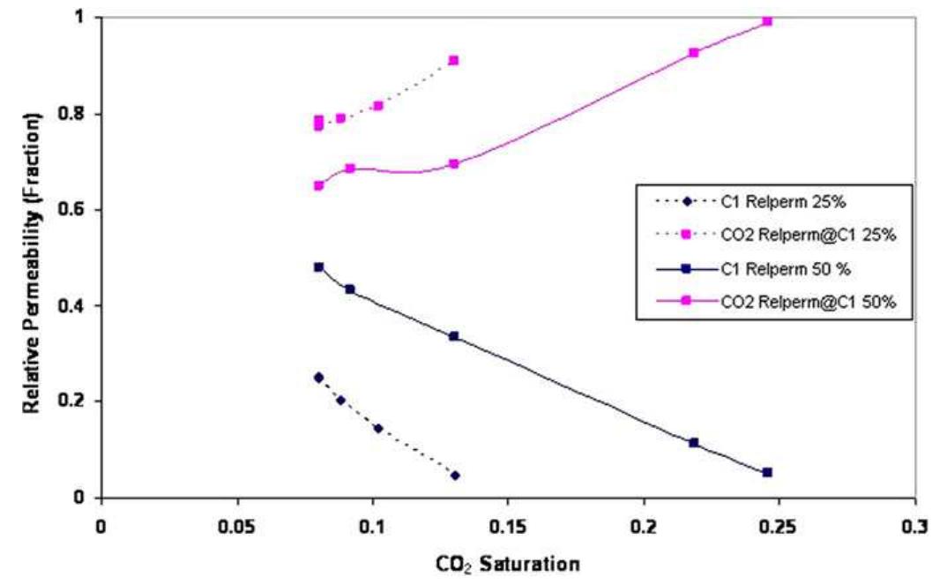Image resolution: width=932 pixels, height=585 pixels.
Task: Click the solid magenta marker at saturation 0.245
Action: (767, 21)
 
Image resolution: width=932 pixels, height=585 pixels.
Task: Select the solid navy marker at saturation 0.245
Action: (767, 472)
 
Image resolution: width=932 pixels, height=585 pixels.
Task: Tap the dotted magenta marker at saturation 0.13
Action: (454, 60)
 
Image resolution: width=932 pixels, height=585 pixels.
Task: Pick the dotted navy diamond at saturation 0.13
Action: (455, 476)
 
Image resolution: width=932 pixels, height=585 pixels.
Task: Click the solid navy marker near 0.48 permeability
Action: (319, 266)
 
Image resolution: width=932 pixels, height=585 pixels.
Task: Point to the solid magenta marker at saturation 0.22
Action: (694, 53)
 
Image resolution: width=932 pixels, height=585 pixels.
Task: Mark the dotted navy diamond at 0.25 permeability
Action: (319, 378)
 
